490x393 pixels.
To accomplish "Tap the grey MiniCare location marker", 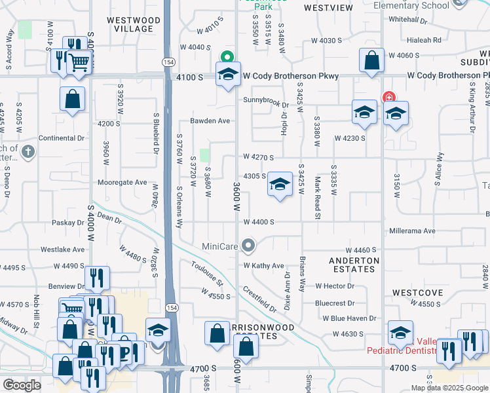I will (248, 246).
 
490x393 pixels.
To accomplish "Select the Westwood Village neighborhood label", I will (133, 25).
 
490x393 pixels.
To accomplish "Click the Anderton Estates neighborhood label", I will (354, 265).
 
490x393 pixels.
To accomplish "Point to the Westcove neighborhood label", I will (418, 292).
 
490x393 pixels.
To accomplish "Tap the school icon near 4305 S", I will (280, 186).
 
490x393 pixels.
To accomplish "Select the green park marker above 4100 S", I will (227, 56).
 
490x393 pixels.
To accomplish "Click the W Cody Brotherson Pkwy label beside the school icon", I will (291, 76).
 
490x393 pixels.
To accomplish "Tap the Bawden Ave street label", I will (210, 121).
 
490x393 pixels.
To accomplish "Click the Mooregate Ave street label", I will (122, 182).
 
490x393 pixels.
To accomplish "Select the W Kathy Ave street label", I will (264, 266).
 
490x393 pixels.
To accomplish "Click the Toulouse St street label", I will (207, 274).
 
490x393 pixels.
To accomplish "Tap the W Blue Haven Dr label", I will (349, 318).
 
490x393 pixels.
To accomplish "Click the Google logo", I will (22, 385).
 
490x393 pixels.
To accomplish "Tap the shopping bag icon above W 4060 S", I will (371, 60).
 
